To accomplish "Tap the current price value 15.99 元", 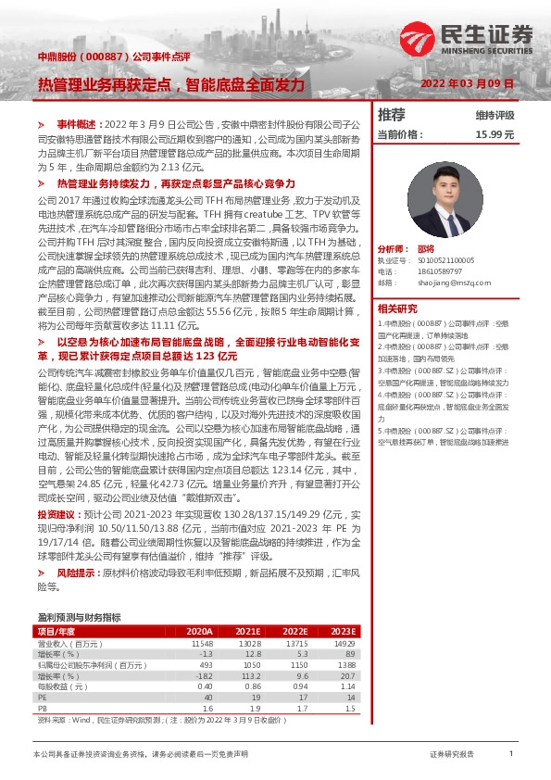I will coord(494,134).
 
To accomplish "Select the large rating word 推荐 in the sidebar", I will coord(392,115).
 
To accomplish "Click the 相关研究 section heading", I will coord(397,308).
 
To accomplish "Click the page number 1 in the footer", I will coord(511,755).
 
